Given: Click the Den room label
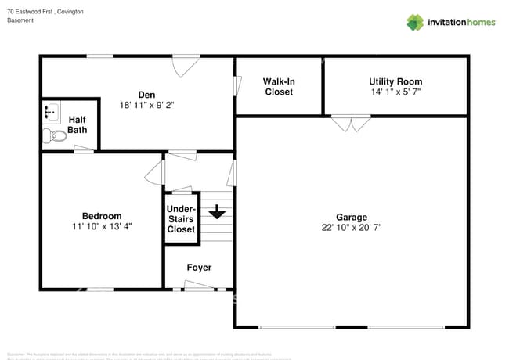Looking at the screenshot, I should coord(146,94).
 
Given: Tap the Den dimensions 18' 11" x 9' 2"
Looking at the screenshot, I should coord(146,104).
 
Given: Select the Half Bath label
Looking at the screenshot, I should coord(77,124).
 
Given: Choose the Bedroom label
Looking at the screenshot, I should coord(102,216).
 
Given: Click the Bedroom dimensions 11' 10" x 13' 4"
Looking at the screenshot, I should coord(102,227).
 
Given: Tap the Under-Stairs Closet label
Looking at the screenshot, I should coord(181,219).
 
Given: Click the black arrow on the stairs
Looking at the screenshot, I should coord(217,211).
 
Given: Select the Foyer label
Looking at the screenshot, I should coord(199,268).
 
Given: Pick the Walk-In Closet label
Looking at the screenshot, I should coord(279,86).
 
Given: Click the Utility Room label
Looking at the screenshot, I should coord(395,81).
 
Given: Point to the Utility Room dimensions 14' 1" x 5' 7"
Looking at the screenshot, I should coord(395,92).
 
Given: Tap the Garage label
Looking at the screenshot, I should coord(352,217).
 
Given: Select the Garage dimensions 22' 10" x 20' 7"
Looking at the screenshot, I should coord(352,228).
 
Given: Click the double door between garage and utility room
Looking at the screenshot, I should coord(351,124).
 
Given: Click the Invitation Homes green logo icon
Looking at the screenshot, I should coord(414,22).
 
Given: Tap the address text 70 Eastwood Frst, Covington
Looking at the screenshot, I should coord(45,12).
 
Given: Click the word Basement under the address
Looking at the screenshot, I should coord(20,20).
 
